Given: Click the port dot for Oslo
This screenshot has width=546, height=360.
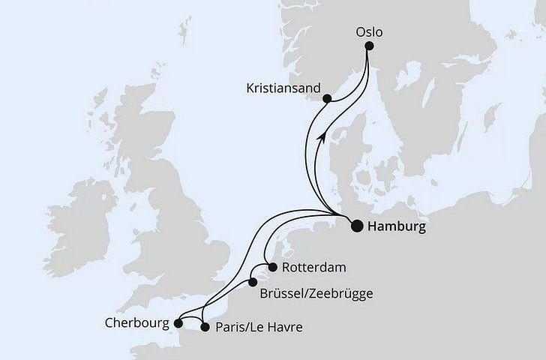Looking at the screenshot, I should (368, 46).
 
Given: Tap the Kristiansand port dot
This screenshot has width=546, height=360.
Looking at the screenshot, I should (327, 98).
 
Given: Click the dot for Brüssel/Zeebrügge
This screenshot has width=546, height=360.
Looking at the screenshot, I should (253, 283).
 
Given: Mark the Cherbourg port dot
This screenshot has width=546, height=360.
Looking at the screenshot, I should (178, 325).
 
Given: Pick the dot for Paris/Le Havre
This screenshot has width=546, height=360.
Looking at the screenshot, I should (205, 328).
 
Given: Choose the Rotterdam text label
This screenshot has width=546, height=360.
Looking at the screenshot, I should (308, 268).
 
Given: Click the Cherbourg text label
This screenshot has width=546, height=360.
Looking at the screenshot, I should (137, 324).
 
